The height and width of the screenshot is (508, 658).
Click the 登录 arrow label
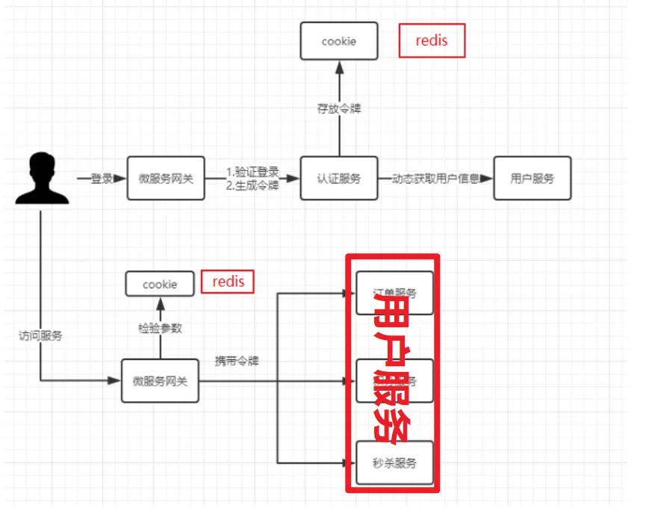(x=101, y=179)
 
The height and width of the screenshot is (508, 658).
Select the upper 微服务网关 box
(x=166, y=178)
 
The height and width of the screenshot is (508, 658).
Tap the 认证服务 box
(x=338, y=178)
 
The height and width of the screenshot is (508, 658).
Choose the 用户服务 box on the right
(x=532, y=178)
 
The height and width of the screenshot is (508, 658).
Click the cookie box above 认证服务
(x=338, y=41)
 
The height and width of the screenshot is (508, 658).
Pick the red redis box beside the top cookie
(x=432, y=40)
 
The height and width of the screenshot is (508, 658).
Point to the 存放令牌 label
(x=338, y=108)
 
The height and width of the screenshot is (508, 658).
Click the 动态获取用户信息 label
(x=435, y=179)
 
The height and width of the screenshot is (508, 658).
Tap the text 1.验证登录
(x=252, y=173)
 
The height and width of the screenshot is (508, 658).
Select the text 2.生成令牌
(x=252, y=185)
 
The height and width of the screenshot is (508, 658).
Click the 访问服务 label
(x=40, y=335)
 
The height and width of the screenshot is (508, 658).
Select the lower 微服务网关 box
(x=160, y=381)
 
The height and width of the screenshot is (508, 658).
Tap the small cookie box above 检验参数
(x=160, y=284)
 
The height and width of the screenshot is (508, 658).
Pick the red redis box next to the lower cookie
(x=228, y=282)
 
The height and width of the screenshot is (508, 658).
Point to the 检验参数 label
(x=160, y=328)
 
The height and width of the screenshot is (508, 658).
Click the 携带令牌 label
(x=237, y=361)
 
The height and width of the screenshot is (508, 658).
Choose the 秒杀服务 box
(x=394, y=463)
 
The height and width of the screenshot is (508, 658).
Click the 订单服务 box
(x=394, y=293)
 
